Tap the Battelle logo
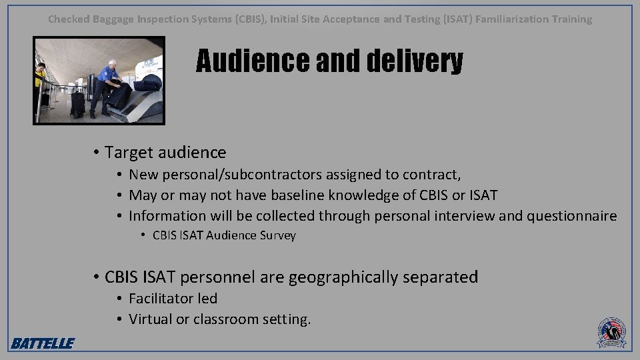[42, 343]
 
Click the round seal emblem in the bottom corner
[611, 332]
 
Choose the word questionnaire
[571, 215]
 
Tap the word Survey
[278, 235]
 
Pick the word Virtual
[150, 319]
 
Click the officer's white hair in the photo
[112, 63]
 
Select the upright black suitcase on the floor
[78, 103]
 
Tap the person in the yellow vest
[41, 80]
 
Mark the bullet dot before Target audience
[97, 153]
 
